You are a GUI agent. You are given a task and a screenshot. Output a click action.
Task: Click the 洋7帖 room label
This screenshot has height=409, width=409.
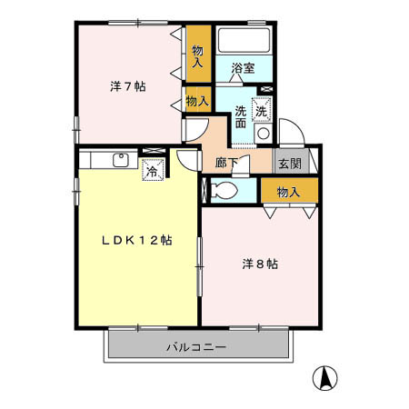point(129,86)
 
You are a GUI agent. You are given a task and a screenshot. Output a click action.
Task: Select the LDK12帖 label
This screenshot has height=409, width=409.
point(136,240)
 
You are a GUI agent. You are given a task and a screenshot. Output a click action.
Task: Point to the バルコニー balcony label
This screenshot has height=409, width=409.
point(196,347)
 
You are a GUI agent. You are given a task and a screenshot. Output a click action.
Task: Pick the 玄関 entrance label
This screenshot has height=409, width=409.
point(290,164)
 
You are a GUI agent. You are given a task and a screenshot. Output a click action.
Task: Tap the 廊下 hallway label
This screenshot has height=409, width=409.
point(227,165)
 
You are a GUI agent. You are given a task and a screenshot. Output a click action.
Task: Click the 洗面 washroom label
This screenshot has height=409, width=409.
point(241,117)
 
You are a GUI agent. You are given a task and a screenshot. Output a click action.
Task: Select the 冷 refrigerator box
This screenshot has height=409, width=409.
point(152,169)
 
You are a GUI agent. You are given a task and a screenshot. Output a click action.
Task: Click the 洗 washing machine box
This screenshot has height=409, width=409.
point(262,108)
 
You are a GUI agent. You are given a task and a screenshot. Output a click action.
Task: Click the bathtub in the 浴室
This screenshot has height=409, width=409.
point(245,42)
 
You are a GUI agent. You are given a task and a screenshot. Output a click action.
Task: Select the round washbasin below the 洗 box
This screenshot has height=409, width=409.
point(262,133)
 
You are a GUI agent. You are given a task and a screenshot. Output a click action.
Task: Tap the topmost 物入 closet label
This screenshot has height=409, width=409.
point(198,56)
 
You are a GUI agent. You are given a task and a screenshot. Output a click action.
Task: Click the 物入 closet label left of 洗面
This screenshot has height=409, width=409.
point(197,101)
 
